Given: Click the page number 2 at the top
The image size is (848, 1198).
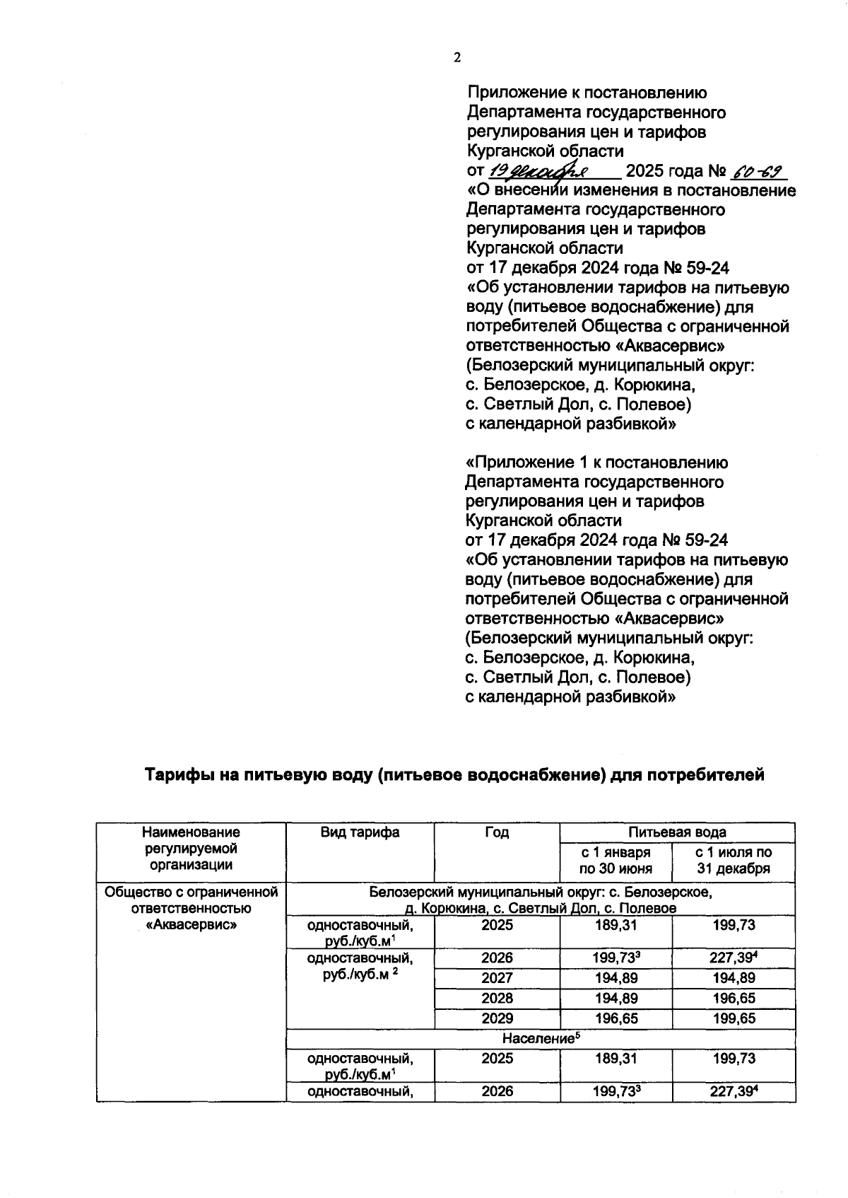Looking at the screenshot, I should tap(457, 59).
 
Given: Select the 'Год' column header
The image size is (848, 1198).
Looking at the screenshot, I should tap(497, 832).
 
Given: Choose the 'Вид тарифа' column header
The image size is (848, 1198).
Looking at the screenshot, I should tap(360, 832).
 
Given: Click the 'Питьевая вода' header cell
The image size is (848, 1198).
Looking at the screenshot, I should tap(677, 832).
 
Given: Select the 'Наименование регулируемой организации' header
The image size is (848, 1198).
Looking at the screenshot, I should tap(191, 848).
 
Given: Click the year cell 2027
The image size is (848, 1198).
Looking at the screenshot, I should tap(497, 978).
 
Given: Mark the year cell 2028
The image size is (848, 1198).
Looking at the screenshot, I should tap(497, 998).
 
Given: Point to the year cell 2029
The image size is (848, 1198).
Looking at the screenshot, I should tap(497, 1018).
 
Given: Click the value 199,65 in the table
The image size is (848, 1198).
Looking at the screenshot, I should tap(734, 1018).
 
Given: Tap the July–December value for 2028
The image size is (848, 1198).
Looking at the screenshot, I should tap(734, 998).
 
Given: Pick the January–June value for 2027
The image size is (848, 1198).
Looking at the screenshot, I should tap(616, 978).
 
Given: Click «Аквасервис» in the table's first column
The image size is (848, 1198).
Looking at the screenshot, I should tap(191, 925).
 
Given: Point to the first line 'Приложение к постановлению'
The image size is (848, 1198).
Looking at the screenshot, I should tap(587, 93).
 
